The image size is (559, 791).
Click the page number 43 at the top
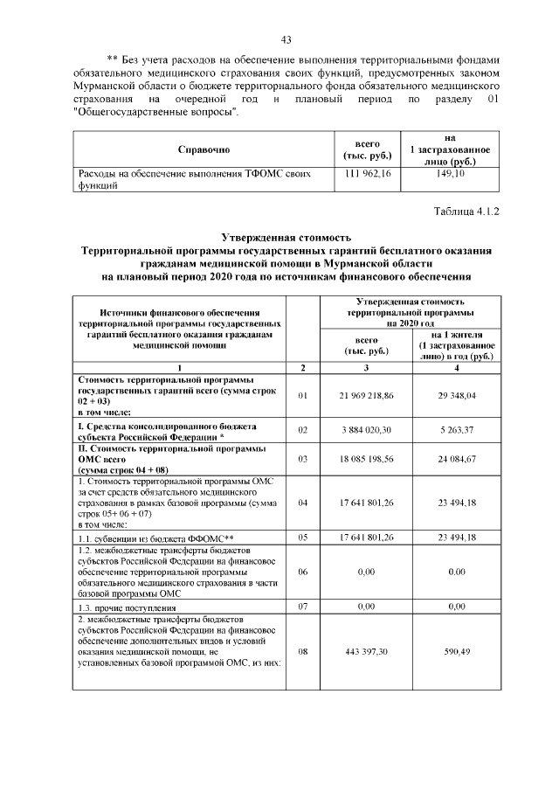[286, 39]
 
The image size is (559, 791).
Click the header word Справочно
[204, 149]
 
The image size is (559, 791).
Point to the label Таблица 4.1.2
[466, 212]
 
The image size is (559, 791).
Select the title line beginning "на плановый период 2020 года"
[286, 277]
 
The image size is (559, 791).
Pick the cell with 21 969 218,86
[367, 396]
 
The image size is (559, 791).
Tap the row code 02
[303, 430]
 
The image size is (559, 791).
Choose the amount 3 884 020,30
[367, 430]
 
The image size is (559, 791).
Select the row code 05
[303, 538]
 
